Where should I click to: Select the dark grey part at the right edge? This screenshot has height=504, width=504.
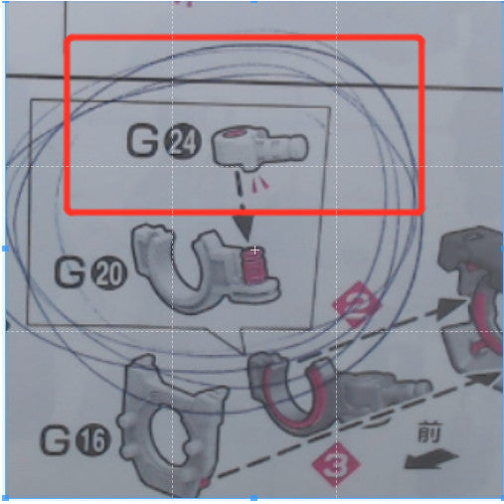[472, 298]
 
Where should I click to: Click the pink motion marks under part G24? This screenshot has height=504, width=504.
[261, 184]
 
